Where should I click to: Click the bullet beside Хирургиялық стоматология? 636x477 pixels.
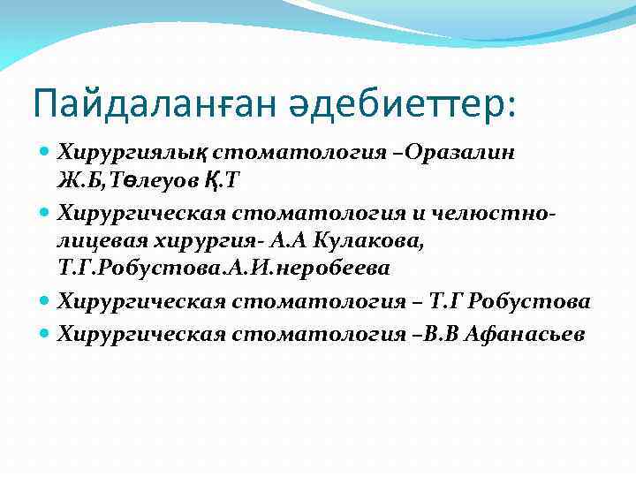pos(47,153)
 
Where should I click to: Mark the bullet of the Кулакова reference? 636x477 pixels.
pos(47,213)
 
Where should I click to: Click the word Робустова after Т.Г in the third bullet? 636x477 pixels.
pos(531,303)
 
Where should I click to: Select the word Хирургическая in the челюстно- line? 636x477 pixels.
pos(142,212)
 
